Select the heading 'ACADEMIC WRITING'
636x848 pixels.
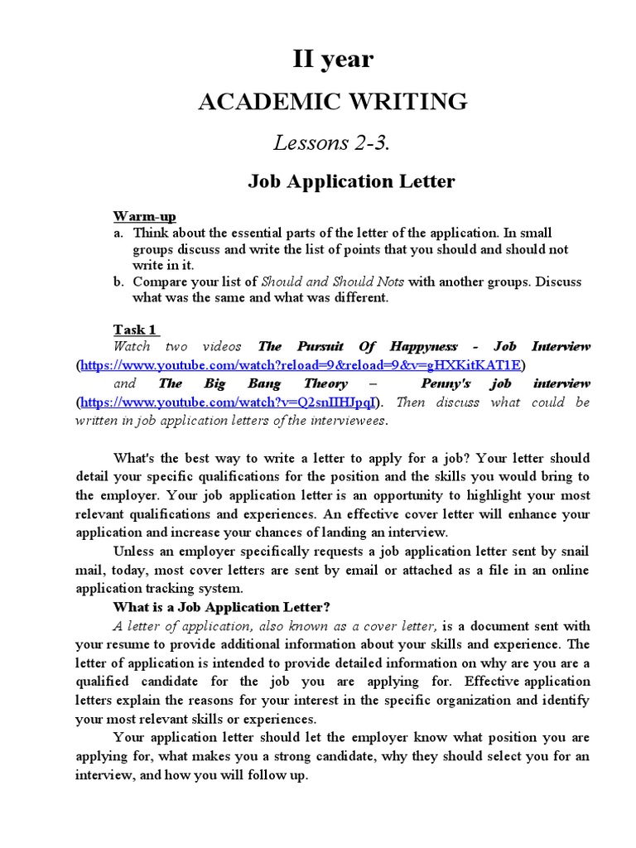332,102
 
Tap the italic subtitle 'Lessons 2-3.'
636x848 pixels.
331,142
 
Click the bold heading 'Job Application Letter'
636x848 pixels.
351,181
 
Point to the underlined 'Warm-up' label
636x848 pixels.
145,216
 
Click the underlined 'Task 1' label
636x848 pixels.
135,330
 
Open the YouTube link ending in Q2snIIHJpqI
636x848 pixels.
229,402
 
